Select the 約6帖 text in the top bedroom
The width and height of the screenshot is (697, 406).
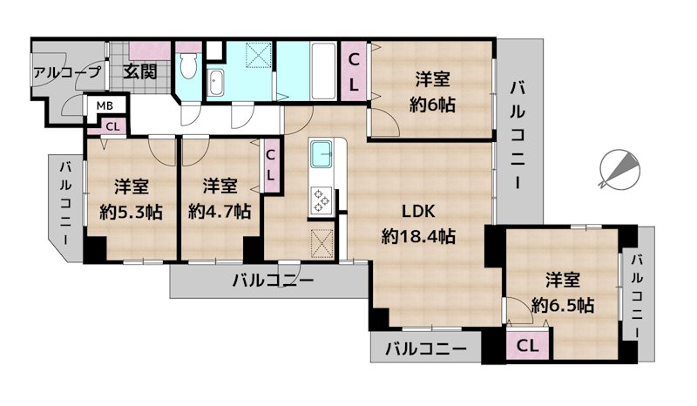pos(433,105)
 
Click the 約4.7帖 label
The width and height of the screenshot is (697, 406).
pos(220,211)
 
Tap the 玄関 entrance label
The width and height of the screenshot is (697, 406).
pos(139,71)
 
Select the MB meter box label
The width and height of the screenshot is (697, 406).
pos(105,106)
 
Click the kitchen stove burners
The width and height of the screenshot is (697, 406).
pos(321,200)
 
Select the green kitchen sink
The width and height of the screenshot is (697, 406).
pos(321,157)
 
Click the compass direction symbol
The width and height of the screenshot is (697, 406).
pos(619,168)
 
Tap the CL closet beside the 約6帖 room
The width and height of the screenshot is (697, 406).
pos(355,71)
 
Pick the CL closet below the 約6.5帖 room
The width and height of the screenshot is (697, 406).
pos(528,346)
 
